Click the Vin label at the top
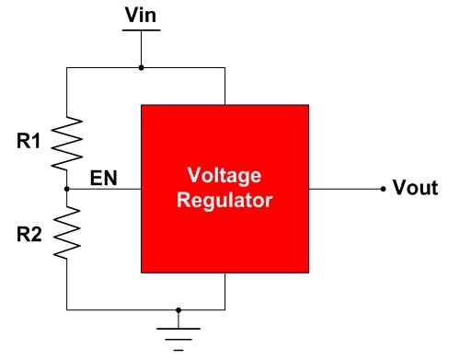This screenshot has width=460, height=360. pyautogui.click(x=141, y=13)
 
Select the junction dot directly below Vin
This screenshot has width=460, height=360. pyautogui.click(x=141, y=67)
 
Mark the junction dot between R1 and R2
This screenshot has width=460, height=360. pyautogui.click(x=67, y=189)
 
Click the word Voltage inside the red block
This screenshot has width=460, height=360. pyautogui.click(x=224, y=176)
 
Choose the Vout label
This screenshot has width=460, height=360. pyautogui.click(x=413, y=189)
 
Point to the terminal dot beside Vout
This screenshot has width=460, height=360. pyautogui.click(x=383, y=189)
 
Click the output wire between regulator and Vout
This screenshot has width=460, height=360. pyautogui.click(x=345, y=189)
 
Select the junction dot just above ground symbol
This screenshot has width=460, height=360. pyautogui.click(x=178, y=310)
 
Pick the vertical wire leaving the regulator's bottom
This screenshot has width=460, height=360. pyautogui.click(x=224, y=292)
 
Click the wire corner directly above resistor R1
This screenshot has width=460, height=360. pyautogui.click(x=67, y=67)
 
